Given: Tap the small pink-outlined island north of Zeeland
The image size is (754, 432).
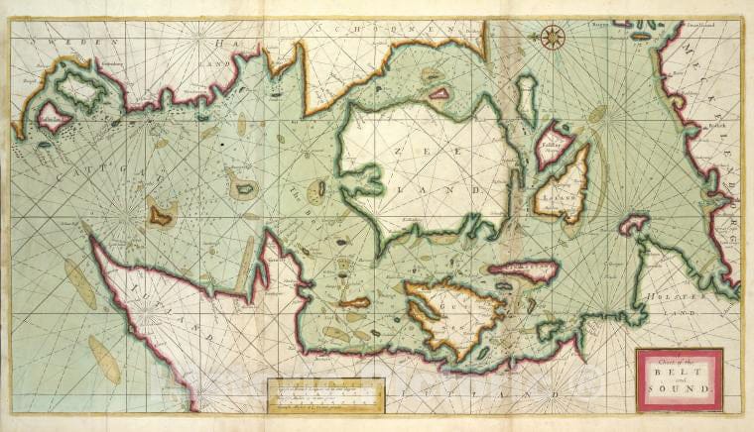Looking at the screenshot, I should (x=438, y=94).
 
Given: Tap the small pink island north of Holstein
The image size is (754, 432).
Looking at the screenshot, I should (x=633, y=224).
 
